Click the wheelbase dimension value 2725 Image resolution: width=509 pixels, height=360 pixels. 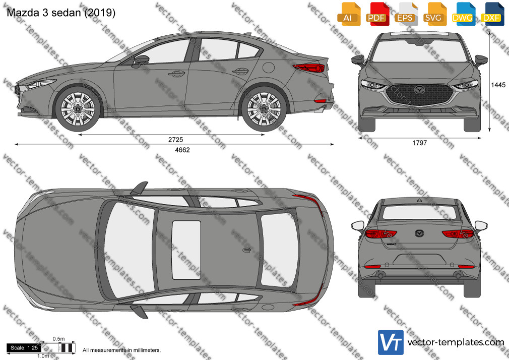point(175,140)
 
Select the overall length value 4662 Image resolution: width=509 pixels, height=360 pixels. point(182,150)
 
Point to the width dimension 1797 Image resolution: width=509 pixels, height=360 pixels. point(420,143)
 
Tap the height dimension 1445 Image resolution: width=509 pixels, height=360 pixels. point(498,85)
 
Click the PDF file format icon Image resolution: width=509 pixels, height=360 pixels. point(376,14)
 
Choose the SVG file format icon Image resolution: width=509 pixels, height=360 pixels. point(433,14)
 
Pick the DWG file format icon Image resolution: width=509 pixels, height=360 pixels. point(462,14)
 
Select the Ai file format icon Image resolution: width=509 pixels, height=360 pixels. point(348,14)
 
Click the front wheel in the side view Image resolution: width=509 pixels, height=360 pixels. point(78,109)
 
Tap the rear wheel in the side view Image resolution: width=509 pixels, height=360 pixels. point(264,109)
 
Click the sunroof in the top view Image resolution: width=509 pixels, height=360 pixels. point(186,250)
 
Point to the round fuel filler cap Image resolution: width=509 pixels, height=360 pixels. point(269,67)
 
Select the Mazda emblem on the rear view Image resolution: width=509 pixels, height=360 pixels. point(419,233)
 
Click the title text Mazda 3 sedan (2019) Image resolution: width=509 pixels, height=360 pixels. point(61,13)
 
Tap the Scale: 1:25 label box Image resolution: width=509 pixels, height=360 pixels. point(24,348)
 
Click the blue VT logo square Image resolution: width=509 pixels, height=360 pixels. point(391,342)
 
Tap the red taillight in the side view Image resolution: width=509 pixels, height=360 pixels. point(309,68)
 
